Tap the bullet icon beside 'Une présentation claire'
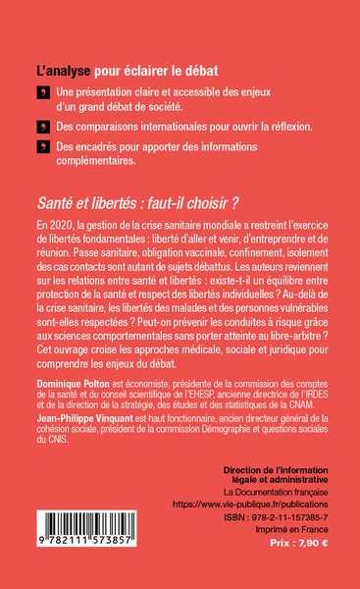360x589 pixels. click(x=41, y=92)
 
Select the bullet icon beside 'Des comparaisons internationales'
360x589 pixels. click(x=41, y=128)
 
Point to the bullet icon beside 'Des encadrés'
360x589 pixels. click(x=41, y=147)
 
